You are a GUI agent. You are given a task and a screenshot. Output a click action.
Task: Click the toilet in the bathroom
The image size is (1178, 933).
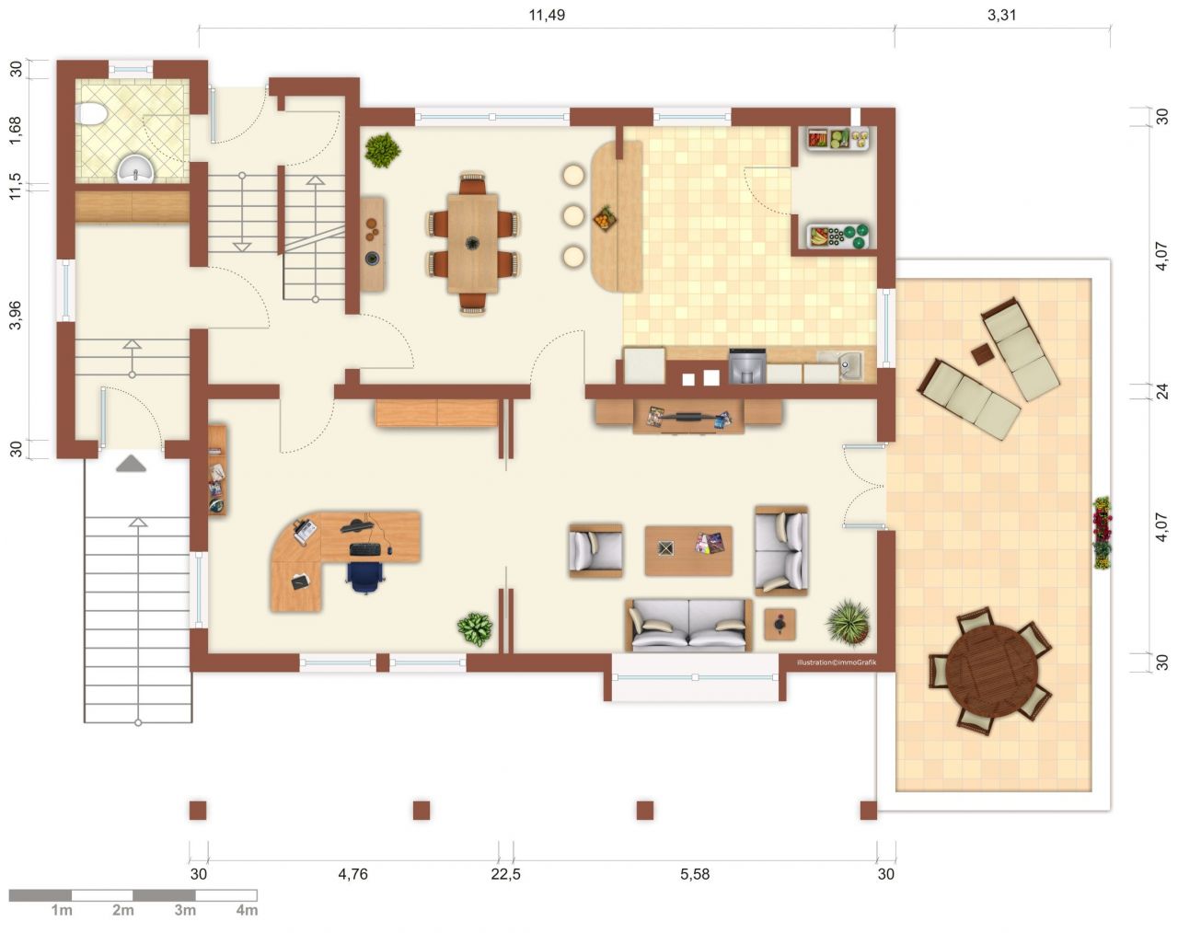91,114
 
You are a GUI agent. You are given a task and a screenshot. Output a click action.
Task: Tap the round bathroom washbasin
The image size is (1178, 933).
135,169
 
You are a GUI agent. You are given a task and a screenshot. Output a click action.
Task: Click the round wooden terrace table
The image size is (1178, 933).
991,671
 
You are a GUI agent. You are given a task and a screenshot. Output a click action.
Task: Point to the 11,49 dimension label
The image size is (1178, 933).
547,15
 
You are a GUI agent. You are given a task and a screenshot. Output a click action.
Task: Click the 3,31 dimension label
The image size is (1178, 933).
1001,15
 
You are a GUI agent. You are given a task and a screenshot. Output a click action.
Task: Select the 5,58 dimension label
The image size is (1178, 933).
695,874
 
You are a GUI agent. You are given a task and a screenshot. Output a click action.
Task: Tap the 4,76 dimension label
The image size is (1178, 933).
353,874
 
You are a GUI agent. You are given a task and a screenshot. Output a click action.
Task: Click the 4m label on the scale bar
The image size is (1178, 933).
247,910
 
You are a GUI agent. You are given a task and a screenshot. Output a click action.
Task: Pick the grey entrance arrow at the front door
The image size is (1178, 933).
132,463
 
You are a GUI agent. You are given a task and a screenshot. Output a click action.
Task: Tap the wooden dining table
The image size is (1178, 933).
472,244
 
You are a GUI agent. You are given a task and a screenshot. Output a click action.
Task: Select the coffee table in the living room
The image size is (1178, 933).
688,550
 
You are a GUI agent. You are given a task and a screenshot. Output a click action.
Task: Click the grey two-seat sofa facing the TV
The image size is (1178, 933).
688,625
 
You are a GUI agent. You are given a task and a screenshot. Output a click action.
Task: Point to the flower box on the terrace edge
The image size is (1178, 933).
1102,533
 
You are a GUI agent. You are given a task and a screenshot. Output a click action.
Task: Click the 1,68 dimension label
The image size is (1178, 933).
16,131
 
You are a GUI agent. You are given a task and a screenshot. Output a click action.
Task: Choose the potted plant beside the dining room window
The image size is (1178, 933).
383,149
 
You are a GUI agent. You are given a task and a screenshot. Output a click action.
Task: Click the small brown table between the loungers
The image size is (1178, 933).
983,354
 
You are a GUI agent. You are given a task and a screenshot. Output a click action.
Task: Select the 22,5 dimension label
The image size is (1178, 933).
505,874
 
